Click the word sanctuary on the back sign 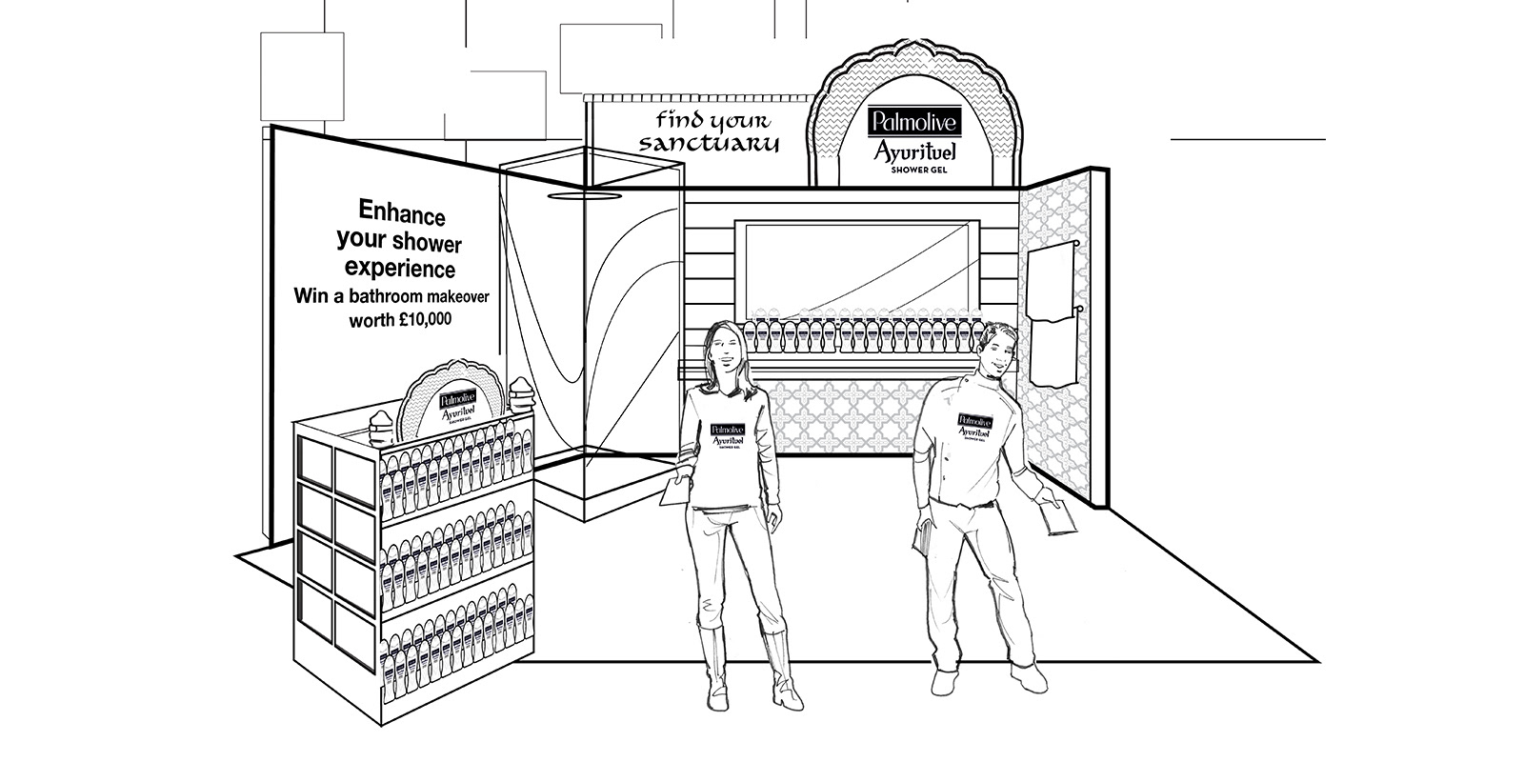click(709, 144)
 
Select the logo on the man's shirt click(975, 424)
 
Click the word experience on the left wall click(400, 269)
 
